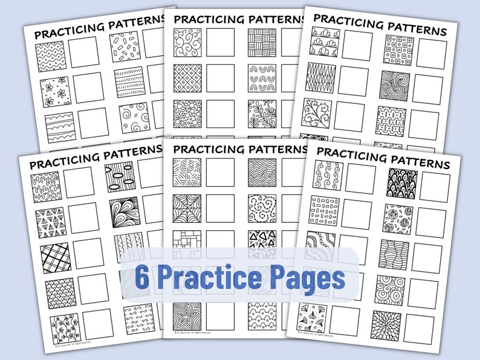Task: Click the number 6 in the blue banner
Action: click(144, 278)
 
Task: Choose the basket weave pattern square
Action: click(262, 42)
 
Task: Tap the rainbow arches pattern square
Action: click(262, 77)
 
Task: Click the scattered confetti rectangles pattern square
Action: click(125, 47)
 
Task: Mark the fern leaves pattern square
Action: click(262, 112)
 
